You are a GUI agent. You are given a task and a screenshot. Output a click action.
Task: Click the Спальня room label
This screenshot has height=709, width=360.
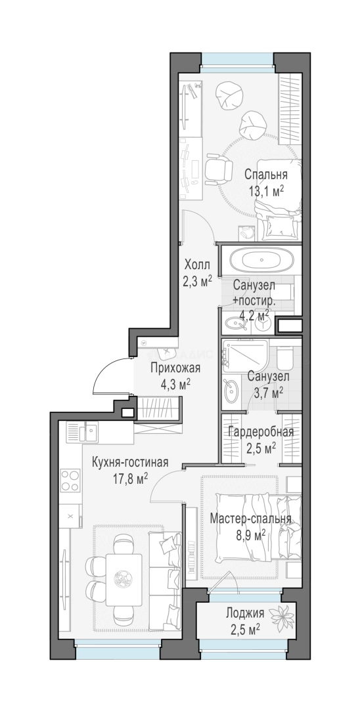[x=266, y=175]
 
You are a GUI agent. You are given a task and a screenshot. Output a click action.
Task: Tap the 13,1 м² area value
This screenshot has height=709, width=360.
[x=265, y=190]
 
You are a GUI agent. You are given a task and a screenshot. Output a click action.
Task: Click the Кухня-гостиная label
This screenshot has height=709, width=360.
[x=130, y=463]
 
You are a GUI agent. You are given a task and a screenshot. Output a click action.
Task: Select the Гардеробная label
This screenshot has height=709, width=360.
[x=261, y=432]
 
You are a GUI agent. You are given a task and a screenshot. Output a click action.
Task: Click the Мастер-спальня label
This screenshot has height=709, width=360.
[x=250, y=519]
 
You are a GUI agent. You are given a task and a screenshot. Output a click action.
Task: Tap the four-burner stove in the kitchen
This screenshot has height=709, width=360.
[x=70, y=480]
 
